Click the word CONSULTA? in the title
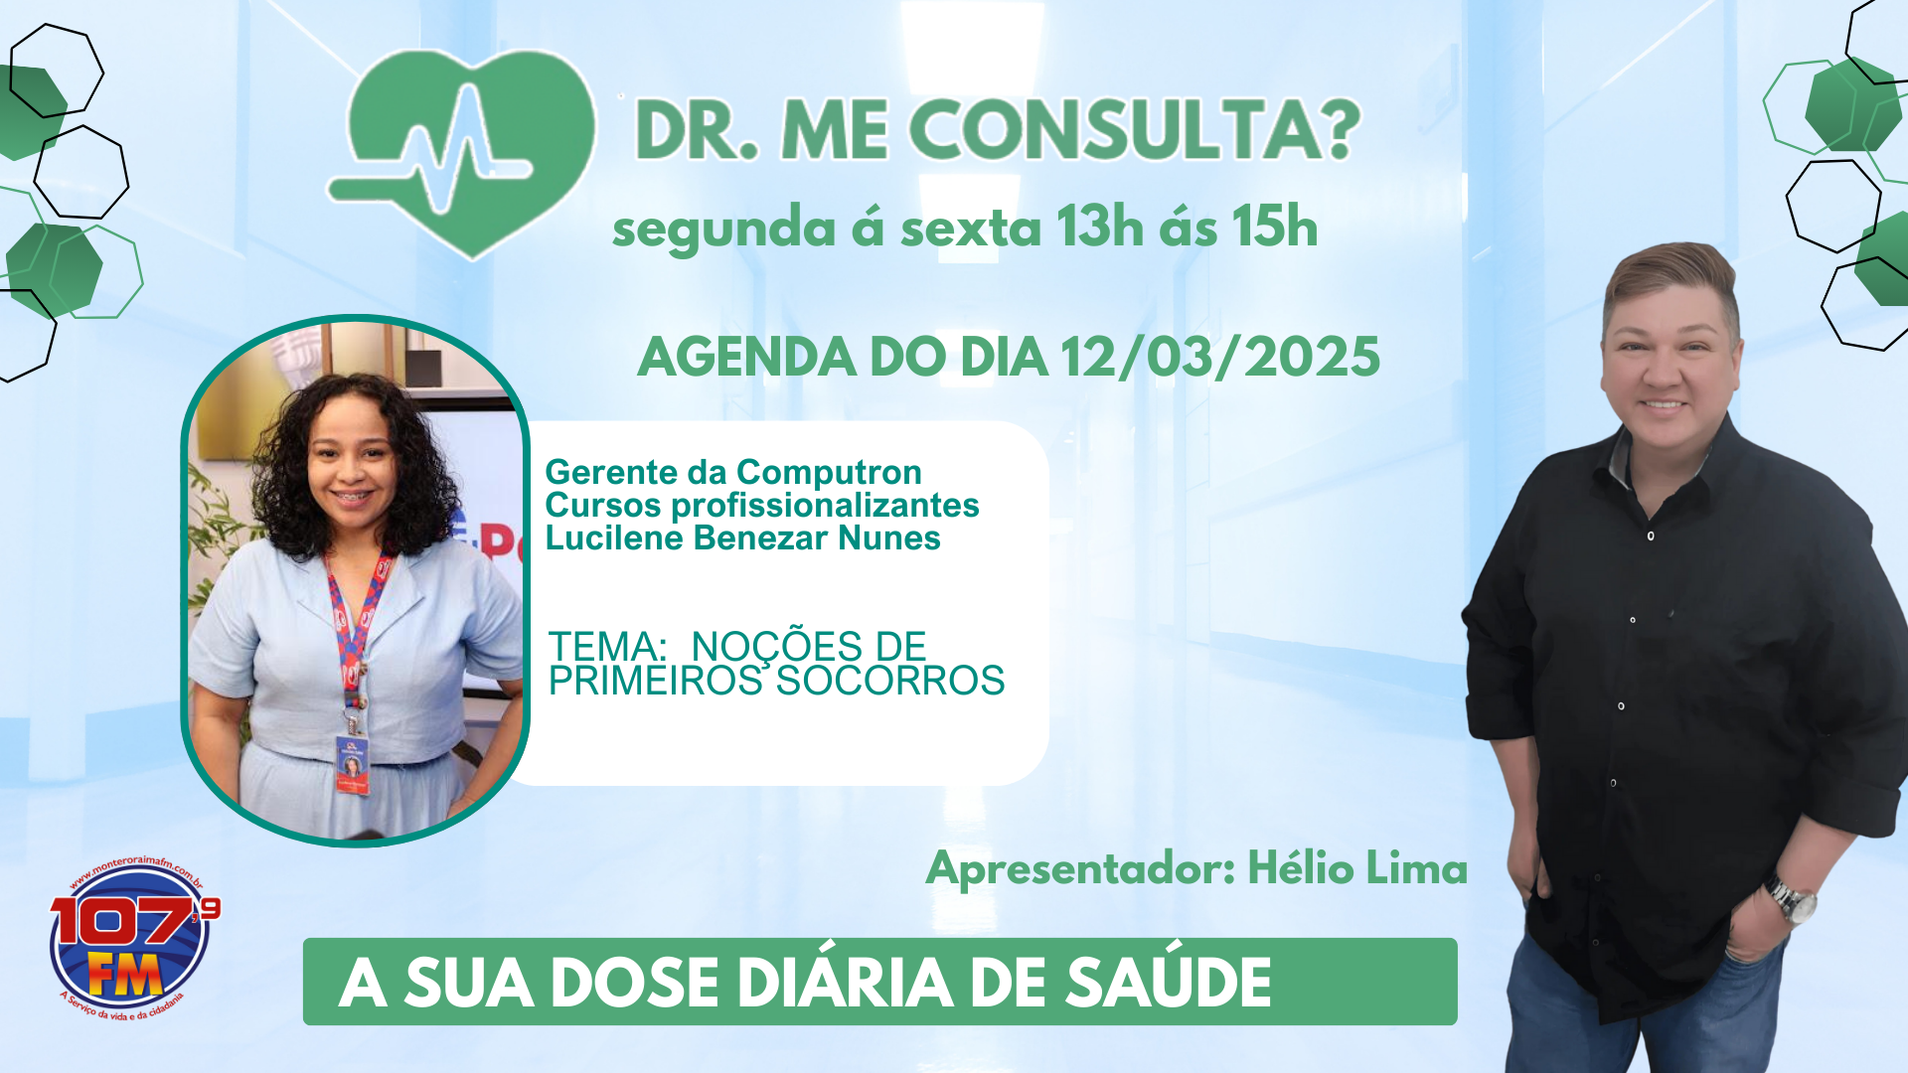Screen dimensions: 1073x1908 point(1134,130)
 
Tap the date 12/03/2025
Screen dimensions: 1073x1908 point(1220,358)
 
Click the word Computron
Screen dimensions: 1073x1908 point(829,472)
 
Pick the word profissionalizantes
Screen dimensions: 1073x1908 point(825,506)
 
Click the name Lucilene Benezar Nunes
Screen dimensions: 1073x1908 point(742,538)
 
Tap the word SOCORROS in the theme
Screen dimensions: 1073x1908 point(890,682)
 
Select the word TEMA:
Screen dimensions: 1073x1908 point(607,647)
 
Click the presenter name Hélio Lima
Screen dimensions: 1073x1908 point(1357,869)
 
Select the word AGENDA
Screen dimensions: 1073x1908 point(746,358)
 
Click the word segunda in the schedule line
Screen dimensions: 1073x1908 point(723,230)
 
